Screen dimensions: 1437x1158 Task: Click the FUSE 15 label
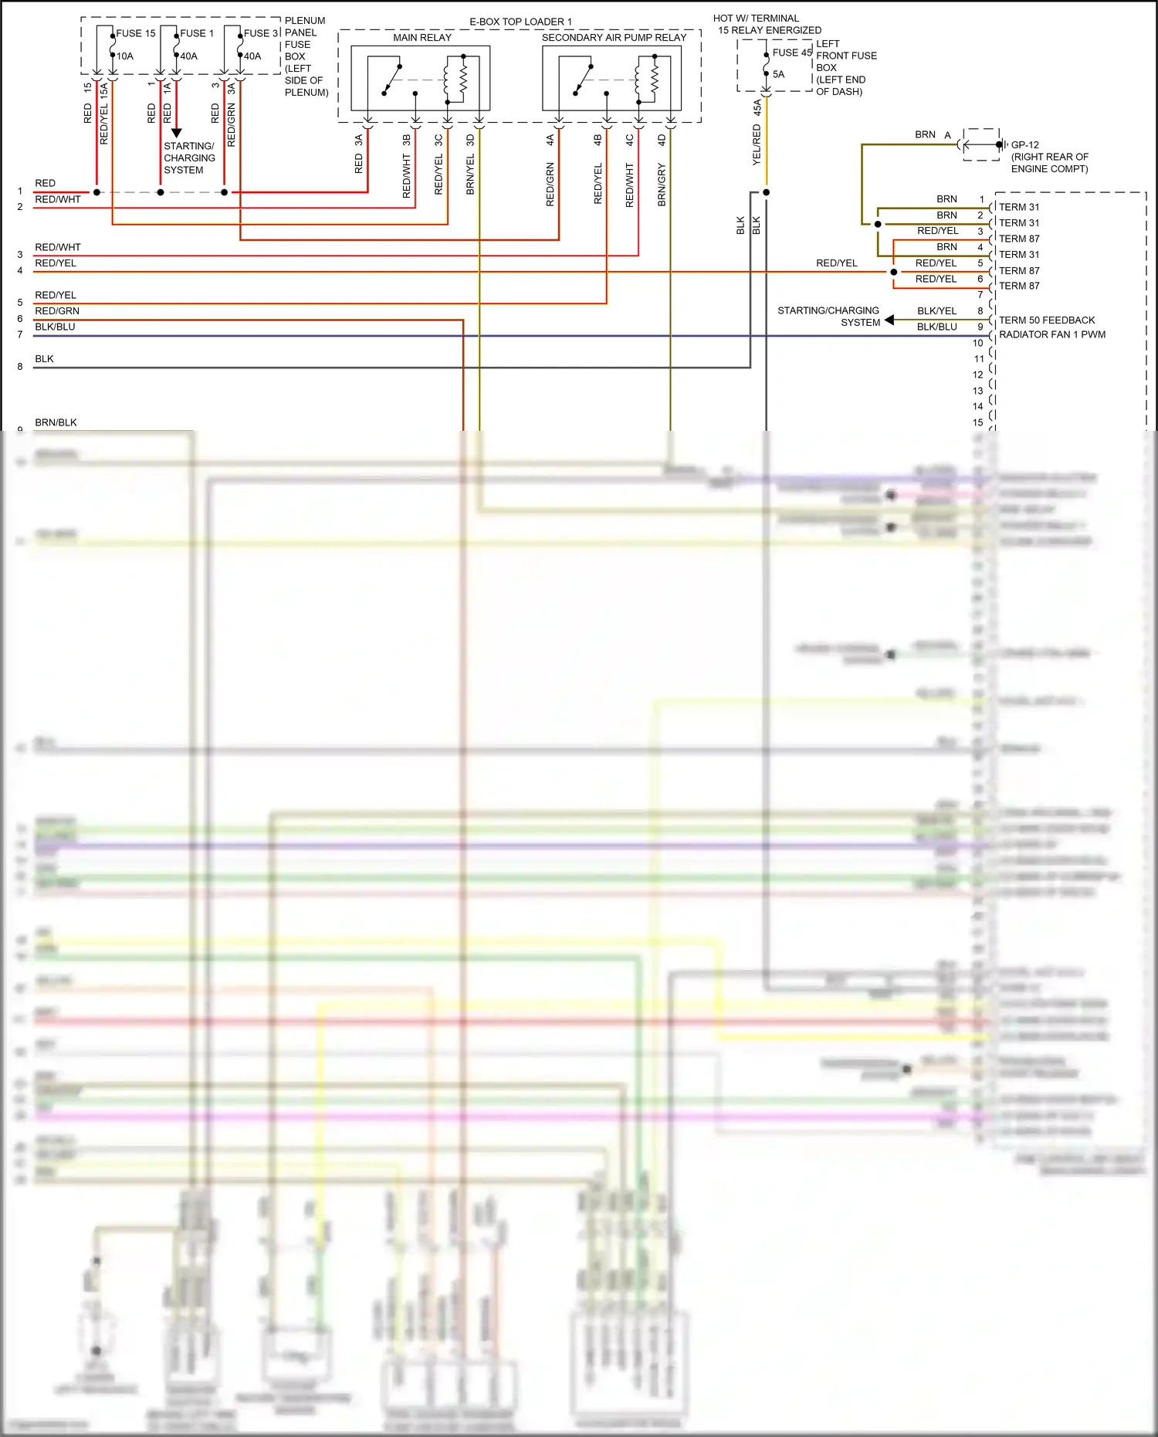click(135, 33)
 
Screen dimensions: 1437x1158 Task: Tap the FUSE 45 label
click(792, 53)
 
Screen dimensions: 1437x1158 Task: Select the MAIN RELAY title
click(422, 37)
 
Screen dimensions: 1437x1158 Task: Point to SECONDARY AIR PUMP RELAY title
click(614, 37)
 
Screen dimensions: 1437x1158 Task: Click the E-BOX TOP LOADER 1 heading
click(520, 22)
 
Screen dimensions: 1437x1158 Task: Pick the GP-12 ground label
click(1024, 144)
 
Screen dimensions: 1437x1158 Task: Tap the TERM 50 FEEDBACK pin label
click(1046, 320)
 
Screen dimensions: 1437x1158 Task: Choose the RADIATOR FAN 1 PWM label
click(1051, 334)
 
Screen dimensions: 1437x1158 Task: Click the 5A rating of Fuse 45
click(778, 74)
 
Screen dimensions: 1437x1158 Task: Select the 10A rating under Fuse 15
click(124, 56)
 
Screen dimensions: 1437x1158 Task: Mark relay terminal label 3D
click(470, 141)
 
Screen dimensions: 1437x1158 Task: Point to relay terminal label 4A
click(550, 141)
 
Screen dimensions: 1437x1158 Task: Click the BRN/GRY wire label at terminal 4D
click(662, 185)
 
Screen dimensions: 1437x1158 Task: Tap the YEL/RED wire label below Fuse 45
click(757, 144)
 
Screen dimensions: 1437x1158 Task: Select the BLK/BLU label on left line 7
click(55, 327)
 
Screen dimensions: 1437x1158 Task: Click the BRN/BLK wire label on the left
click(56, 422)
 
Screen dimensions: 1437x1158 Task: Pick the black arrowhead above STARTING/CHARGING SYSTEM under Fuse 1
click(176, 133)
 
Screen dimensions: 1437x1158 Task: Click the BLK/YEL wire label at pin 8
click(936, 310)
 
